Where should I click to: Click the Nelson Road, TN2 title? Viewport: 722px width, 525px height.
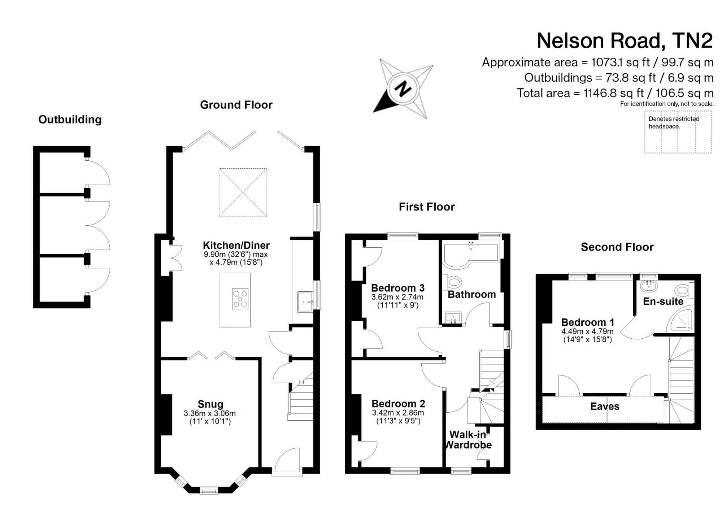[625, 41]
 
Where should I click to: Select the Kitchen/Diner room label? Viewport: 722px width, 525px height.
[236, 245]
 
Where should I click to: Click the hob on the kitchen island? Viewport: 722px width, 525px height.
[240, 299]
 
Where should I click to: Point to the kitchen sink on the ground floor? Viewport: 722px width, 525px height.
[305, 301]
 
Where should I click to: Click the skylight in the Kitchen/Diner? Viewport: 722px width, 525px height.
[243, 192]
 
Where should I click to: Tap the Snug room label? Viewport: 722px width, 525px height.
[210, 404]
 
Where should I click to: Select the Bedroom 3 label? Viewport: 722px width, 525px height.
[397, 288]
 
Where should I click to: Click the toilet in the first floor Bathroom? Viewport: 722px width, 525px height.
[453, 282]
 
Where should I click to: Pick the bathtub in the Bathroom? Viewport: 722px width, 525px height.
[471, 255]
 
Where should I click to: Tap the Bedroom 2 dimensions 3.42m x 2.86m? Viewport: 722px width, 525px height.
[398, 413]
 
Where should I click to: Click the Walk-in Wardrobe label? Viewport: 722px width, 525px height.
[468, 439]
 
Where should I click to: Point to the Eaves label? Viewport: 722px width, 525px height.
[605, 407]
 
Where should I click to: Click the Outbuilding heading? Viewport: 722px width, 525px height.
[70, 120]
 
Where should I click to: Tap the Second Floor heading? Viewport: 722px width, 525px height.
[617, 247]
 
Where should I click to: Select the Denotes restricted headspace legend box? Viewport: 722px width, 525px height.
[678, 132]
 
